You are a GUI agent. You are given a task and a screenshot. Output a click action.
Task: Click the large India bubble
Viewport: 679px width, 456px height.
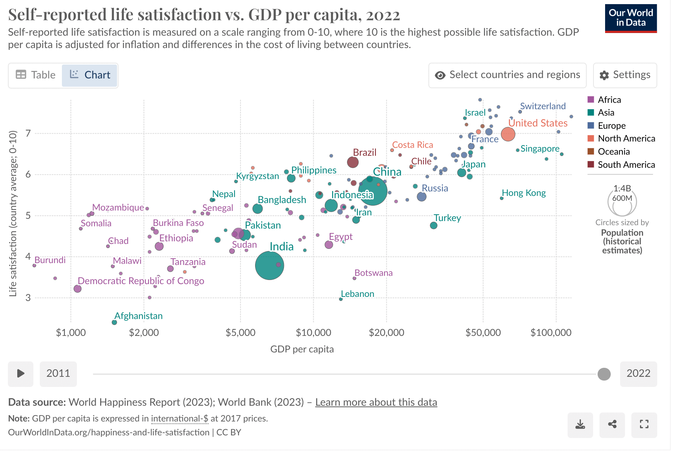[269, 265]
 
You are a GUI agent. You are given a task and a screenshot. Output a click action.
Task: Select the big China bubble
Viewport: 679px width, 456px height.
[373, 191]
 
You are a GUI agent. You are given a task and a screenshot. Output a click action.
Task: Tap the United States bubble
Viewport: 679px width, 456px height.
[508, 134]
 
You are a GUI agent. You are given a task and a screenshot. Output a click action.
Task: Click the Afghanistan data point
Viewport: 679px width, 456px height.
[114, 322]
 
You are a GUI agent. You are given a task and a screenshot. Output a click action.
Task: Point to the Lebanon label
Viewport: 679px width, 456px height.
[357, 294]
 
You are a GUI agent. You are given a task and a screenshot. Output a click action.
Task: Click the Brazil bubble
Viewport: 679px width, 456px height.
[353, 162]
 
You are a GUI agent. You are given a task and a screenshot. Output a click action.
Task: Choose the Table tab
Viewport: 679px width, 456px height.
[36, 75]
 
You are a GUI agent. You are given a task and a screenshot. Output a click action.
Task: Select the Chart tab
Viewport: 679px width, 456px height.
[90, 75]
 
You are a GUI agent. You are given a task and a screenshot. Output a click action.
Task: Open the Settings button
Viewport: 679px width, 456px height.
[625, 75]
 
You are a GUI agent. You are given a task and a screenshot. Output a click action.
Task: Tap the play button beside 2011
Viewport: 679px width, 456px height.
[21, 373]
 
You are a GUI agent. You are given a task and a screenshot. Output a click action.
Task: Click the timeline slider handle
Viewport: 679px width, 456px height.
[604, 374]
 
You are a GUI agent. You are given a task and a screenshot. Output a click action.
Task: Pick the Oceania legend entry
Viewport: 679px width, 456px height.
[614, 152]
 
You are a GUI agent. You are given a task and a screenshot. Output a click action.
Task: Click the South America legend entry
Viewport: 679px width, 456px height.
[626, 165]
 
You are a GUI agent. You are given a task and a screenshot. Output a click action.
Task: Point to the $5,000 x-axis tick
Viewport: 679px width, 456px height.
[240, 333]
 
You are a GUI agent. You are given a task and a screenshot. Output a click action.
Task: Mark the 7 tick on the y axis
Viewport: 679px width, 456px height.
[28, 133]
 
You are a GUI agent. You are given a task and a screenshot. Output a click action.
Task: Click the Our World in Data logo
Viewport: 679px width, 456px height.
[631, 18]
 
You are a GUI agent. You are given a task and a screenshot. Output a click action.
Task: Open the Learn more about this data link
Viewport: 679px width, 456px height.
[376, 402]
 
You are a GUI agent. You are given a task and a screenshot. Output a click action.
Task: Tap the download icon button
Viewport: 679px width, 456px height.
[580, 425]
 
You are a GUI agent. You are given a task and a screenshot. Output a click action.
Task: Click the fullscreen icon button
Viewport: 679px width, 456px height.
[644, 425]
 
